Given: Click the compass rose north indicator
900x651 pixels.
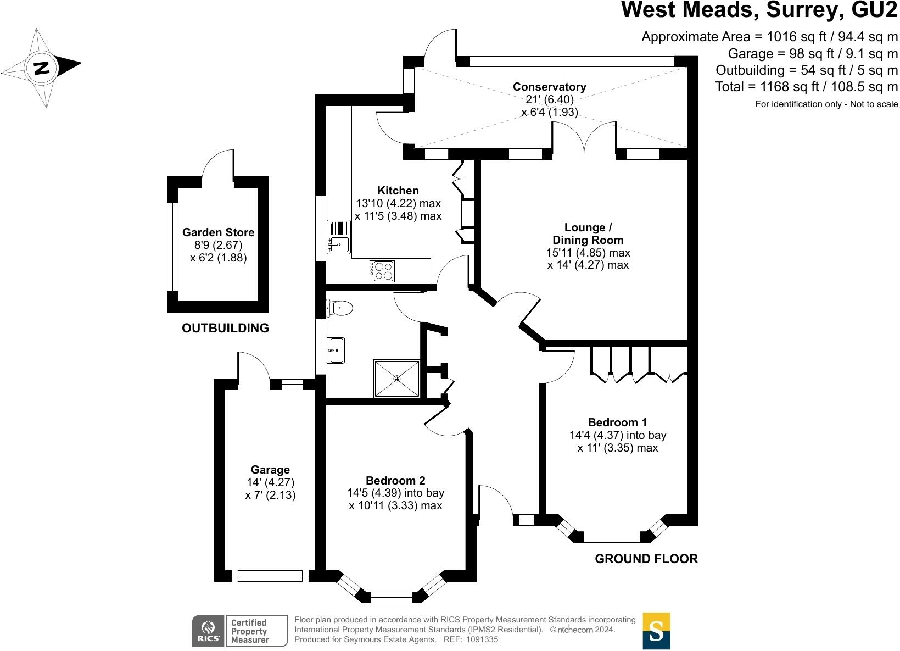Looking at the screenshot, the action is coord(42,68).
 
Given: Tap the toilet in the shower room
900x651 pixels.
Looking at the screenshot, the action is coord(339,308).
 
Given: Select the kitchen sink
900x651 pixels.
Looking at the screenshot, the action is coord(338,237).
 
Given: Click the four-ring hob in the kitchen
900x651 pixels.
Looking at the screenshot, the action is coord(383,270).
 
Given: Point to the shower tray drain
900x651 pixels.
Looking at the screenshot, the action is coord(397,379).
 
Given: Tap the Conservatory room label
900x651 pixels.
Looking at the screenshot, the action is coord(549,87).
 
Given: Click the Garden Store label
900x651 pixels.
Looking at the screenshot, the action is coord(218,232).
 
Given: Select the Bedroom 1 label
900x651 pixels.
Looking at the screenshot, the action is coord(617,422).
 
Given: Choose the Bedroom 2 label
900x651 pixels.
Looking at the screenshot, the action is coord(395,481).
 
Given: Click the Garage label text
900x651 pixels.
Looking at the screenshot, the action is coord(270,470).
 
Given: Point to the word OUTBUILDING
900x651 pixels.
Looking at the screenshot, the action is coord(225,328).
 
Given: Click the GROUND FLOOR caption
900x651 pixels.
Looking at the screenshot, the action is coord(646,559).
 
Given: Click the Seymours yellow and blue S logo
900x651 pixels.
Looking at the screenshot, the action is coord(656,631).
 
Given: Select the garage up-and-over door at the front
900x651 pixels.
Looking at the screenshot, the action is coord(270,576).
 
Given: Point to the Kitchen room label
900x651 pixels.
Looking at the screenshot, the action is coord(398,191).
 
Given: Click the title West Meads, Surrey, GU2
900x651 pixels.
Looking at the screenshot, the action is coord(759,10).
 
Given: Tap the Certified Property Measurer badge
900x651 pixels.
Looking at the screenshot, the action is coord(256,631).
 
